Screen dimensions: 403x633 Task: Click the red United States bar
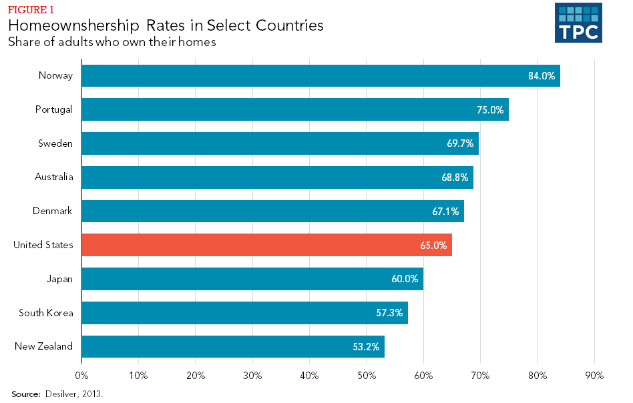(x=266, y=246)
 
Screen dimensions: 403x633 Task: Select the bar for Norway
(x=321, y=75)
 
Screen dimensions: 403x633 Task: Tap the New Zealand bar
(x=233, y=347)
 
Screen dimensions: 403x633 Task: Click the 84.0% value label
(x=542, y=76)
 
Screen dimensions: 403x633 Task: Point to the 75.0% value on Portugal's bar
(x=490, y=110)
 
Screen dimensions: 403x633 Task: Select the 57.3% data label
(x=389, y=313)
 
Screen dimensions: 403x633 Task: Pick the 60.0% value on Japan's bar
(x=405, y=279)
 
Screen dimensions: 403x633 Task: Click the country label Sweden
(x=55, y=143)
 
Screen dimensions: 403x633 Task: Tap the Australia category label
(x=53, y=177)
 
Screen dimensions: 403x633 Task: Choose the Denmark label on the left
(x=52, y=212)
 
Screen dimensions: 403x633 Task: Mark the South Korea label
(x=46, y=313)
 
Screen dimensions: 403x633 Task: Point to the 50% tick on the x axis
(x=366, y=376)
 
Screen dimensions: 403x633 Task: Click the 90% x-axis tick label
(x=594, y=376)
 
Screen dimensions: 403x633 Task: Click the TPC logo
(x=578, y=23)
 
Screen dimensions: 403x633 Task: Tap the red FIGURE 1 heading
(x=31, y=9)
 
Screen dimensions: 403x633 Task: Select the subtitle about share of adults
(x=112, y=42)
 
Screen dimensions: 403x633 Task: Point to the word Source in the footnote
(x=25, y=394)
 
